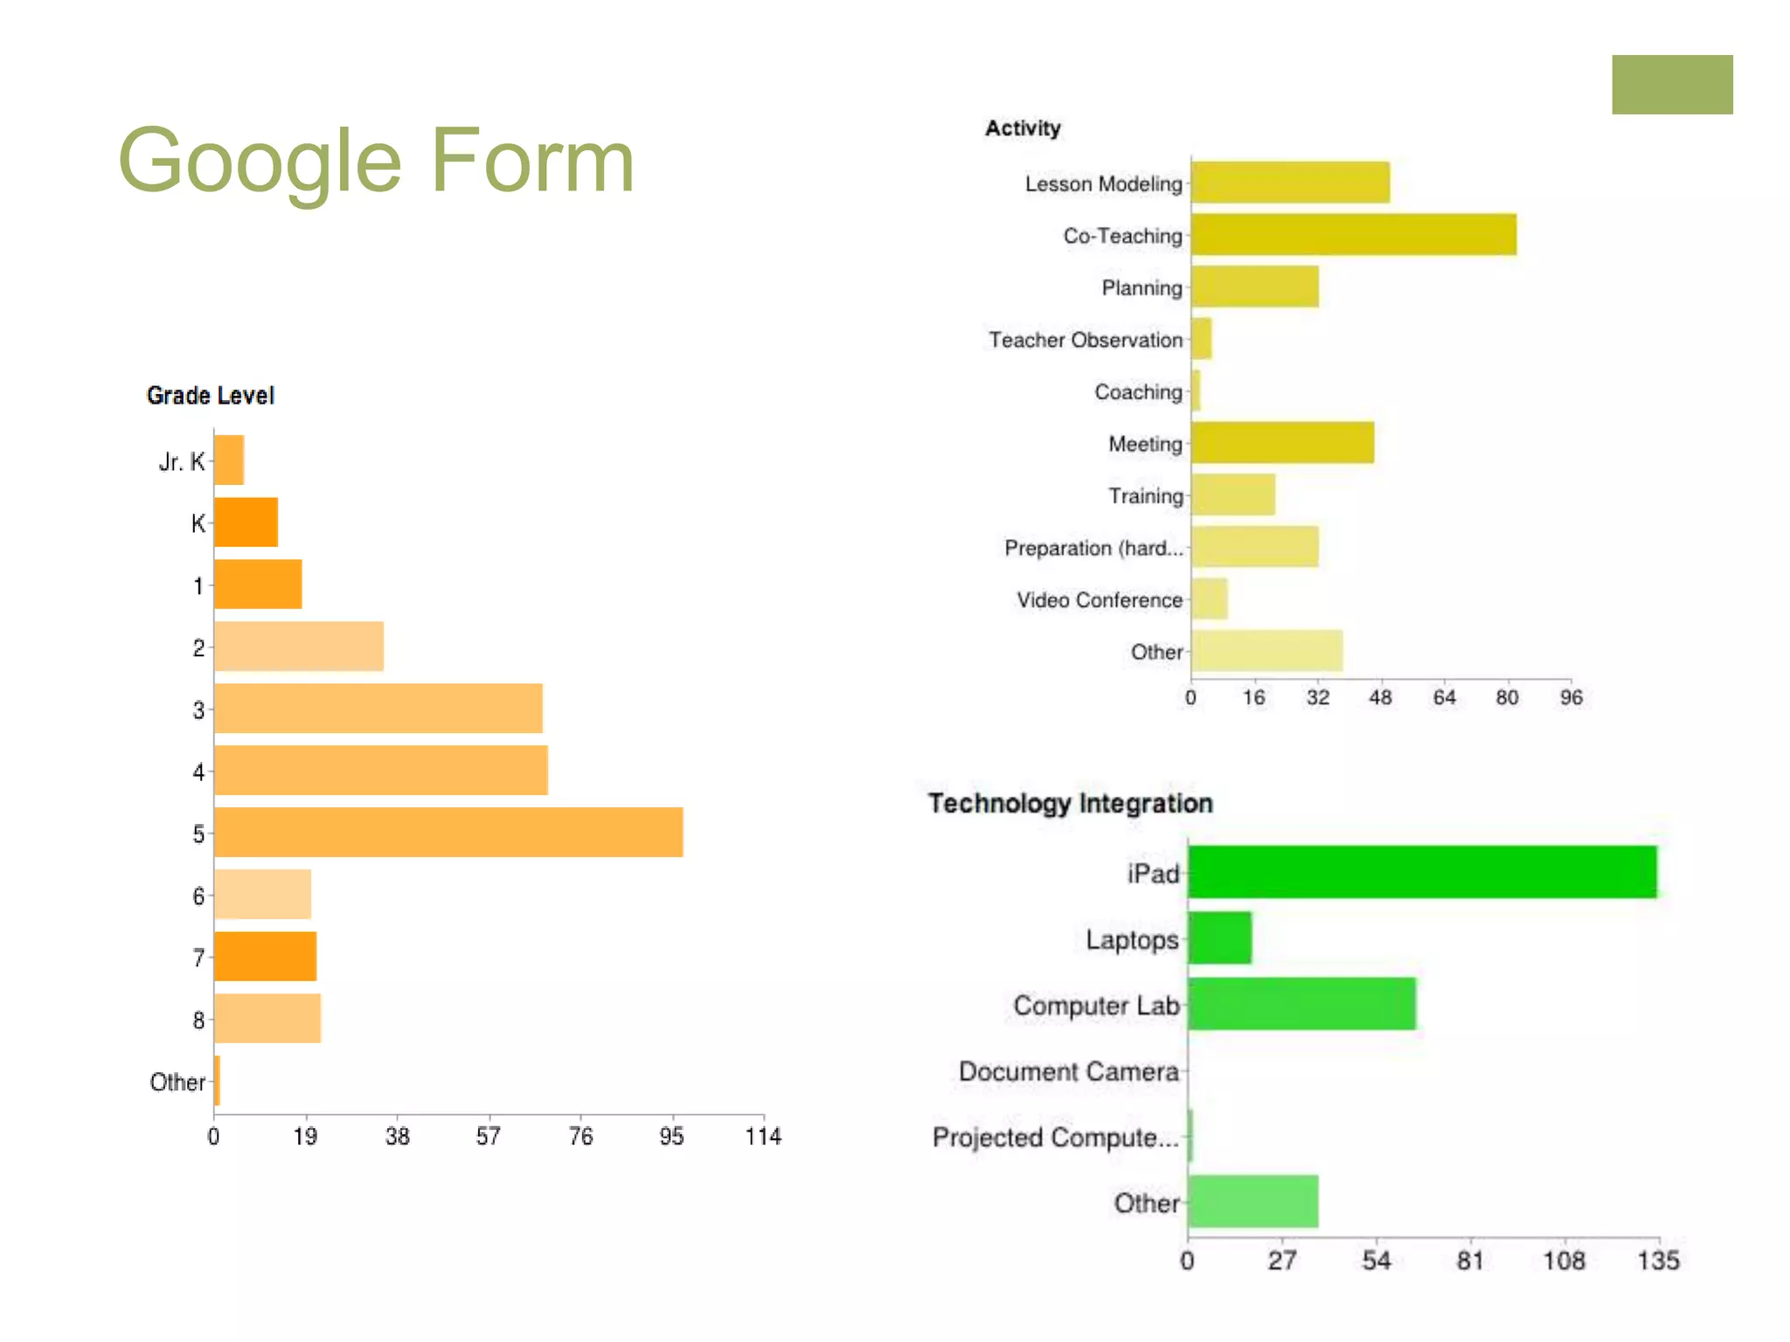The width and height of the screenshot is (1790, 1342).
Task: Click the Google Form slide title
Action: click(x=376, y=161)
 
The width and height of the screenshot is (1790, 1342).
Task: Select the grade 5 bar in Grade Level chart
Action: click(x=448, y=832)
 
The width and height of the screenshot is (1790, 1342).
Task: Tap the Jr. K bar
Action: click(x=229, y=460)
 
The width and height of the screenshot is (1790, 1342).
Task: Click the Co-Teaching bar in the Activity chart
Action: click(x=1353, y=234)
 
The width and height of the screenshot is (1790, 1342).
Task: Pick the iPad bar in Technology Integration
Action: click(x=1422, y=872)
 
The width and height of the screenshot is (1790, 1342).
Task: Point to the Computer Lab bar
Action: click(x=1301, y=1004)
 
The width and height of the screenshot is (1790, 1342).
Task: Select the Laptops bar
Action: click(x=1219, y=938)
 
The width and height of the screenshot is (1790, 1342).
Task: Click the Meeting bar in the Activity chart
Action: click(x=1282, y=442)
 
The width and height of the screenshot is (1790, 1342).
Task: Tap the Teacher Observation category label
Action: click(x=1086, y=340)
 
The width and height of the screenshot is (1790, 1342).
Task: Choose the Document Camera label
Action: click(x=1068, y=1071)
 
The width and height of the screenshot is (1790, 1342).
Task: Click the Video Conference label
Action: click(x=1100, y=600)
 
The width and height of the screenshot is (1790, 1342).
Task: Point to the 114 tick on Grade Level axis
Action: click(x=763, y=1137)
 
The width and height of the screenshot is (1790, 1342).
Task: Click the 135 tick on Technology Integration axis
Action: click(x=1658, y=1261)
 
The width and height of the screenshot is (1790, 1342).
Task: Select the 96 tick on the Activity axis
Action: click(x=1571, y=698)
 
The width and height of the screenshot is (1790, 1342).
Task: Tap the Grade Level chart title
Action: click(x=211, y=396)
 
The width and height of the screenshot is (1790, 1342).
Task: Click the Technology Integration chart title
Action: click(x=1070, y=803)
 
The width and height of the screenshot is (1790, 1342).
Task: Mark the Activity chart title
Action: click(x=1023, y=128)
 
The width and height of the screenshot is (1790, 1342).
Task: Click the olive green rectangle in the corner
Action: click(x=1672, y=85)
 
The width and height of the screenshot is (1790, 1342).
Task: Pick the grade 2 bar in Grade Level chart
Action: click(x=299, y=647)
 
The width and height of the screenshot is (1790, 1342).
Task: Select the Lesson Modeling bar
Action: click(x=1290, y=183)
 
